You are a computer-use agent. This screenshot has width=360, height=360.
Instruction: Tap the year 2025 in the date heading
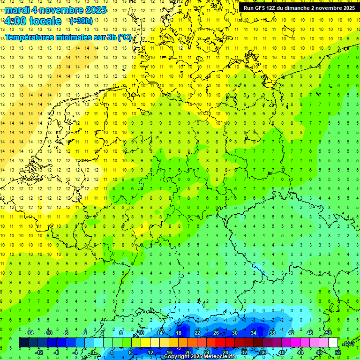96,9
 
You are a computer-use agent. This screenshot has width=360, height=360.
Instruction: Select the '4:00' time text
14,21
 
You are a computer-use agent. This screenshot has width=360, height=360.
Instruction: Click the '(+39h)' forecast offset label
81,21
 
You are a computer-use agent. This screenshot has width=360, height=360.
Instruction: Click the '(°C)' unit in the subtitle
124,37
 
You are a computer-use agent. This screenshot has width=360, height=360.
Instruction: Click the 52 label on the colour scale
338,352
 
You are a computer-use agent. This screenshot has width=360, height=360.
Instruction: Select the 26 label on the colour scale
216,333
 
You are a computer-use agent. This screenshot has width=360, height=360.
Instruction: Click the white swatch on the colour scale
333,343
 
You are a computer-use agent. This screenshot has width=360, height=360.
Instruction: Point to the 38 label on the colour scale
272,333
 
